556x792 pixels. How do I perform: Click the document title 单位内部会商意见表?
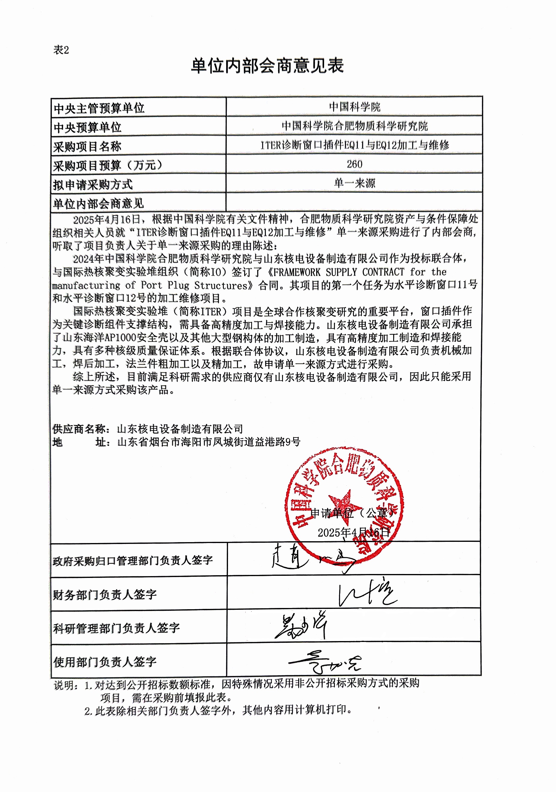pyautogui.click(x=267, y=66)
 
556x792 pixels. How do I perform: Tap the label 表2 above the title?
pyautogui.click(x=61, y=50)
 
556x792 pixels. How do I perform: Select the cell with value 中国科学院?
pyautogui.click(x=354, y=107)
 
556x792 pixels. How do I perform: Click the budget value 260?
pyautogui.click(x=354, y=164)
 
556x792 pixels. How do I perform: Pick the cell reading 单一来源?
pyautogui.click(x=354, y=183)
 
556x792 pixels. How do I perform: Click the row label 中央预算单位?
pyautogui.click(x=87, y=127)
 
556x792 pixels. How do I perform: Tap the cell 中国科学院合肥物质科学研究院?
pyautogui.click(x=354, y=126)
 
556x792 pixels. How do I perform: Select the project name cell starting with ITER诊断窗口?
pyautogui.click(x=354, y=145)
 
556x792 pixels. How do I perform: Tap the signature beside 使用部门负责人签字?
pyautogui.click(x=324, y=662)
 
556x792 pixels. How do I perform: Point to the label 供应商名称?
pyautogui.click(x=80, y=429)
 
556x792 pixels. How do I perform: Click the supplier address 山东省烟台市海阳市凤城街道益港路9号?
pyautogui.click(x=209, y=442)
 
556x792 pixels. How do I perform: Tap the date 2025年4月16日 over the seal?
pyautogui.click(x=353, y=533)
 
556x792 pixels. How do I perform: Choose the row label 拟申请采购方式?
pyautogui.click(x=93, y=185)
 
